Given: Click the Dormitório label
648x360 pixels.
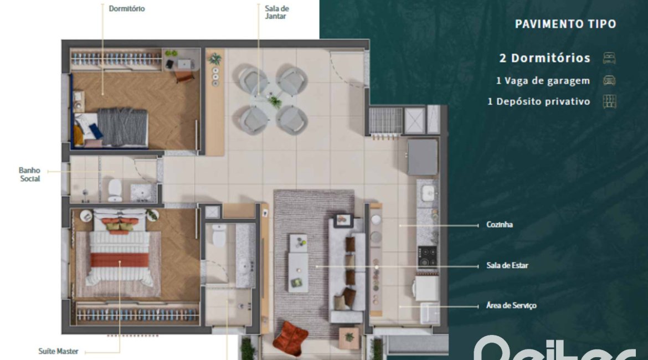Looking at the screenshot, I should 127,9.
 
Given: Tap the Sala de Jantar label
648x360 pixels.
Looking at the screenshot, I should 276,13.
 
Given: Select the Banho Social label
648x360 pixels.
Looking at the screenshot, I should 30,174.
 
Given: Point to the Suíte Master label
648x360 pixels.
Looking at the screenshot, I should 58,351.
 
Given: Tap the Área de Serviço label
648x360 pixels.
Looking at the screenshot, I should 510,305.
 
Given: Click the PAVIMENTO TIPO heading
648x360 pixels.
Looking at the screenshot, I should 565,24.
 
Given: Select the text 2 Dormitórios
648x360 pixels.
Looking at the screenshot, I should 544,58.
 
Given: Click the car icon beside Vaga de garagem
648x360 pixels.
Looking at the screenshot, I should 609,80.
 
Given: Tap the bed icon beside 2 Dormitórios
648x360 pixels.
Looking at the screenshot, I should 609,58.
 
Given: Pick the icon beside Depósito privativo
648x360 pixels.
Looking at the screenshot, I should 609,102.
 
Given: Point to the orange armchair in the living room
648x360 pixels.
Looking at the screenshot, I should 290,337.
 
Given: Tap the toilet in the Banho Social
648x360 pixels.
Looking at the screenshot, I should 115,188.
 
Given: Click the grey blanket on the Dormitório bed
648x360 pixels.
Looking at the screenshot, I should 122,127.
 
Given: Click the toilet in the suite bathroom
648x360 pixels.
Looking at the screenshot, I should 219,235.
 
